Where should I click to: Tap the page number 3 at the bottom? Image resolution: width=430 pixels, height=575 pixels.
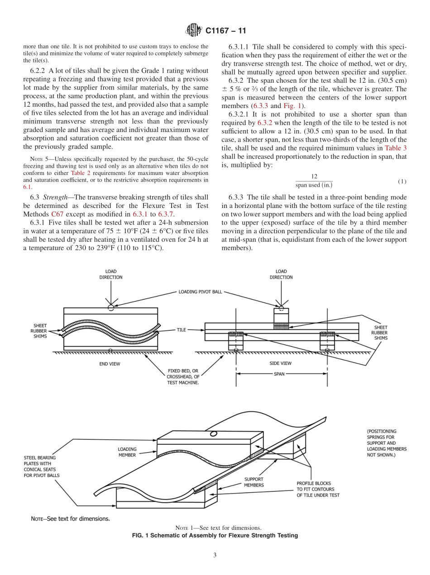click(x=215, y=555)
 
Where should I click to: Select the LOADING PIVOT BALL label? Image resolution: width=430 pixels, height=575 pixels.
click(x=200, y=292)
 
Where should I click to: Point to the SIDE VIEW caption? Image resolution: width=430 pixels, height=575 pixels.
click(x=281, y=363)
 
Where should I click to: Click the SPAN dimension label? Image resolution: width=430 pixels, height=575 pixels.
click(x=279, y=374)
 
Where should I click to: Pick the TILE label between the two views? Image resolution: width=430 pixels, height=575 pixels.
click(x=182, y=330)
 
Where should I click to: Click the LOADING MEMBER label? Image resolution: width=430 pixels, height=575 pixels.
click(x=127, y=452)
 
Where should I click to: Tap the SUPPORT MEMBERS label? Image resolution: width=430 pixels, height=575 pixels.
click(x=254, y=482)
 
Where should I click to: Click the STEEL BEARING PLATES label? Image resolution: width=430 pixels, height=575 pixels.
click(x=42, y=466)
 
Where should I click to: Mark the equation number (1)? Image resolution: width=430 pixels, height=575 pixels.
click(x=402, y=181)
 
